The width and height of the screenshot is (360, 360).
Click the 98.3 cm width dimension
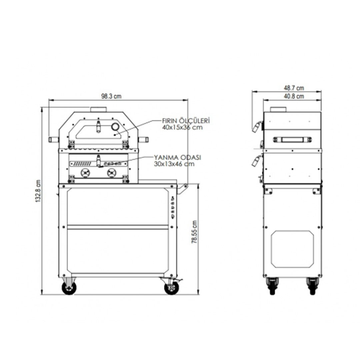[x=111, y=96]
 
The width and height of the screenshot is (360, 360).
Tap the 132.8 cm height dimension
[x=38, y=191]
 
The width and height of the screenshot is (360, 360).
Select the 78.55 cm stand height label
[x=194, y=232]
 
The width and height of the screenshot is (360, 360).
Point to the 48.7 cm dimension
[x=294, y=88]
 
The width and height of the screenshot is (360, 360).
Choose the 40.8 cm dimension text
[x=294, y=96]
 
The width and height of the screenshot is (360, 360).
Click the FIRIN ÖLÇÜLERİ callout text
[x=186, y=121]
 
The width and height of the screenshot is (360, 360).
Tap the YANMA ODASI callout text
[x=177, y=157]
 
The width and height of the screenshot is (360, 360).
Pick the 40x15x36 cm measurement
[x=182, y=127]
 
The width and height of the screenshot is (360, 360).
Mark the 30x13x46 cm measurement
[x=174, y=164]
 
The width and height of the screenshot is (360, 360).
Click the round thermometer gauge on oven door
[x=115, y=127]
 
